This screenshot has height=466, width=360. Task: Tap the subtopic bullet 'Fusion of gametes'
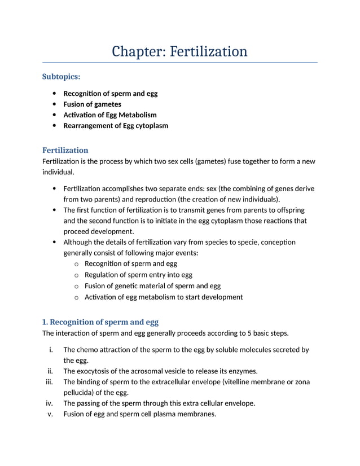92,104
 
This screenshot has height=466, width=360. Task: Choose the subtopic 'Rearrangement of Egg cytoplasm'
116,126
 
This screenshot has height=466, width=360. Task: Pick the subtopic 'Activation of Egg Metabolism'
110,115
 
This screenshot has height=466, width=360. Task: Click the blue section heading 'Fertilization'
65,150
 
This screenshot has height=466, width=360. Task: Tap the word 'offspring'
288,210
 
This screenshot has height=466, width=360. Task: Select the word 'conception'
275,242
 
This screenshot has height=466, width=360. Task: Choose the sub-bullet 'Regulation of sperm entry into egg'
138,275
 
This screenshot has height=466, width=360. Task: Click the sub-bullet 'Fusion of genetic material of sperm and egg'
152,286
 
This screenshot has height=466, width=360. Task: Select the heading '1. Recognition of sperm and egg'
100,322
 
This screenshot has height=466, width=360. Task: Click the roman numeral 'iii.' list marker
51,382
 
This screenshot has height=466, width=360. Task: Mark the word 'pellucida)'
80,393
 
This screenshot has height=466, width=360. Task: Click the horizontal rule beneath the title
180,63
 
